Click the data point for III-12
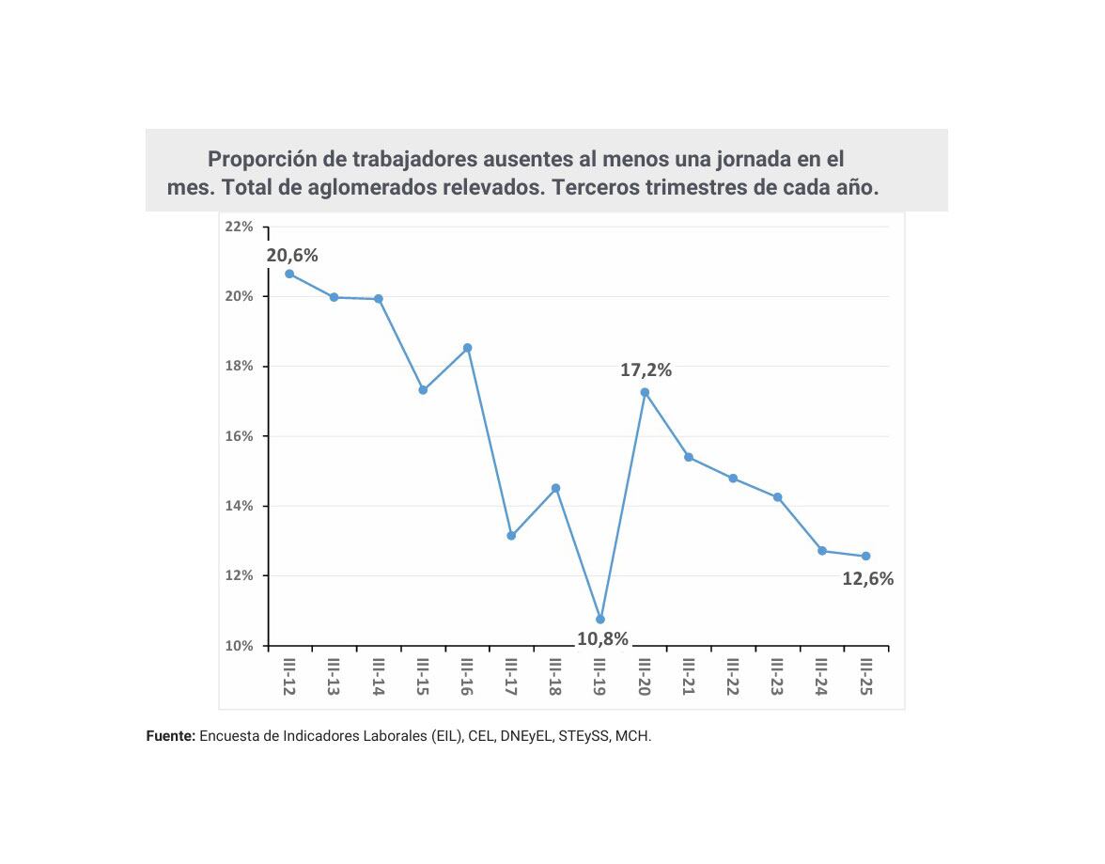[x=289, y=274]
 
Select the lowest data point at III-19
[x=600, y=619]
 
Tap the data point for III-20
[x=645, y=392]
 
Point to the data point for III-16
[x=467, y=348]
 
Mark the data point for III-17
[x=511, y=535]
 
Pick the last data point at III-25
[x=865, y=556]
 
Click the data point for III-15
[x=423, y=389]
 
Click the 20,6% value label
[x=292, y=255]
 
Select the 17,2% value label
[x=646, y=370]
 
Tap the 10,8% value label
[x=602, y=639]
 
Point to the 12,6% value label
[x=867, y=579]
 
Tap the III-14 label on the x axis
[x=378, y=677]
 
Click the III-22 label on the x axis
[x=733, y=677]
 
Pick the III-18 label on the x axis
[x=555, y=677]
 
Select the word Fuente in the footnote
[x=169, y=736]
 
